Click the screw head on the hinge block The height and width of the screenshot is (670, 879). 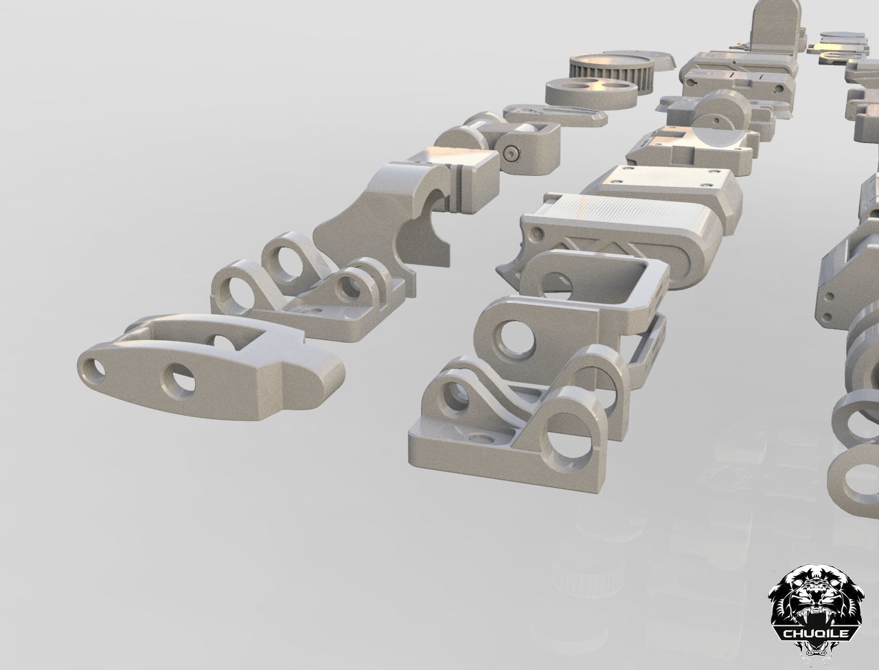coord(512,154)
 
